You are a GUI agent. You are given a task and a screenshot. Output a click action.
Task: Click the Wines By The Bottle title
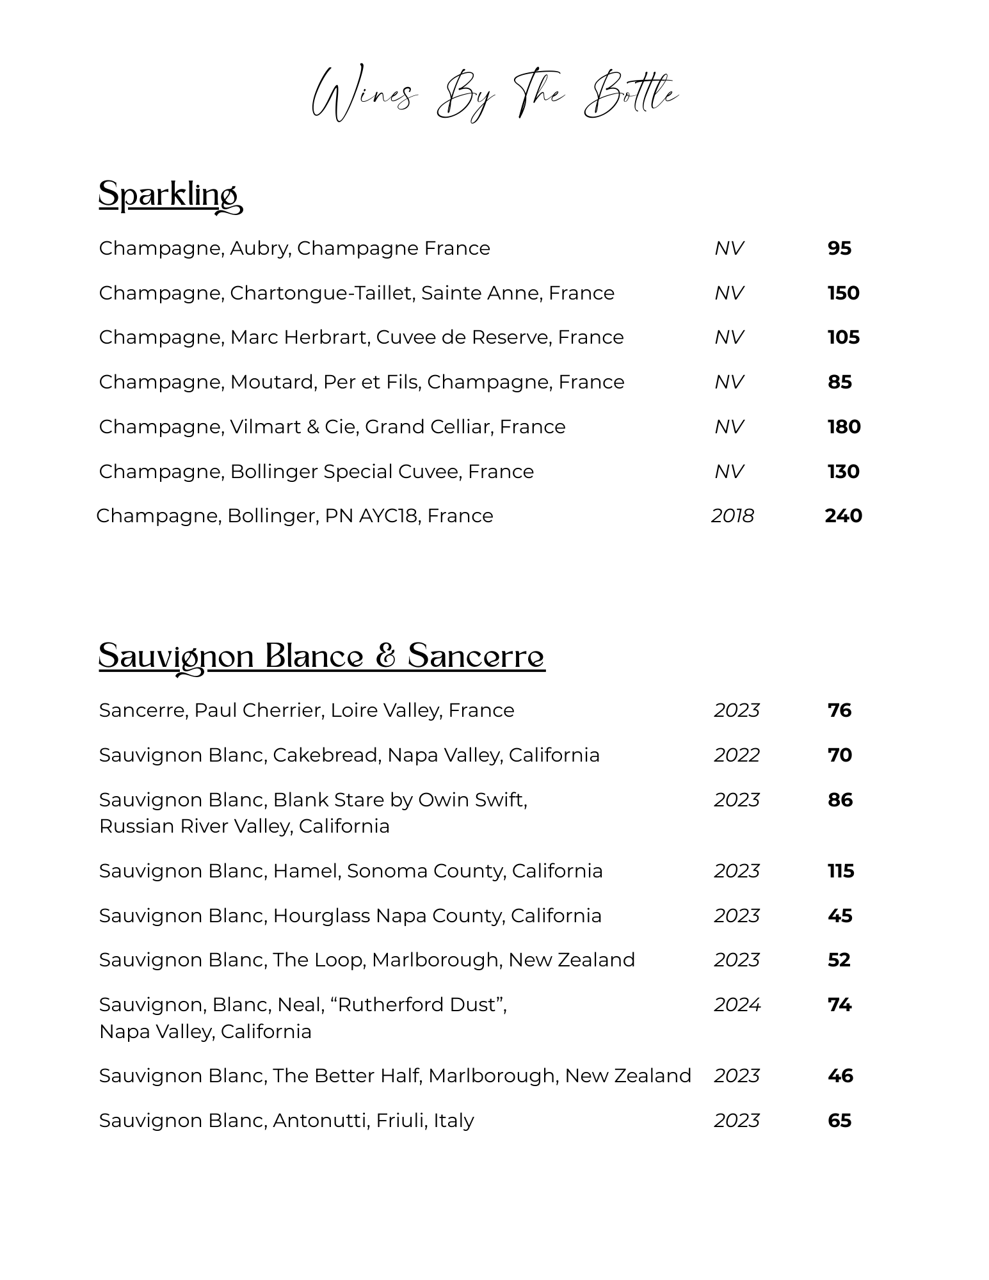pos(494,95)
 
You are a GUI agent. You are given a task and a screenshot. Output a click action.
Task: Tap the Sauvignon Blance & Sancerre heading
pos(321,657)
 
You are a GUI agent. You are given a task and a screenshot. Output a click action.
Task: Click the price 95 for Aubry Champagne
pos(839,248)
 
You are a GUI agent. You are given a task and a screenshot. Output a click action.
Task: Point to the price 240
pos(843,516)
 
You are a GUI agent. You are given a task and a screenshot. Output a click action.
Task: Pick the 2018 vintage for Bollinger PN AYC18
pos(732,516)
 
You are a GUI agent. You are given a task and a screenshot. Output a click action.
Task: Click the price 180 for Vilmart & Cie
pos(844,427)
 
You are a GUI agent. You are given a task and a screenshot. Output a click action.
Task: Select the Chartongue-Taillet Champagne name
pos(356,293)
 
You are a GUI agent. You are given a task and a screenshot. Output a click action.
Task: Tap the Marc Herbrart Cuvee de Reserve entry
pos(361,337)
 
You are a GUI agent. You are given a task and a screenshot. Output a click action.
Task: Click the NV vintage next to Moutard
pos(729,382)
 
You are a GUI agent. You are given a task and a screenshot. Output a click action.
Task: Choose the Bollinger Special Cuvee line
pos(316,472)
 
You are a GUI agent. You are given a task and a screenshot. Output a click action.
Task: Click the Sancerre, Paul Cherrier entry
pos(306,710)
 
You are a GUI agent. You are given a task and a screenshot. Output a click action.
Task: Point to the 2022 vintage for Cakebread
pos(737,755)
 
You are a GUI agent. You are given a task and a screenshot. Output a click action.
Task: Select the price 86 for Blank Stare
pos(840,800)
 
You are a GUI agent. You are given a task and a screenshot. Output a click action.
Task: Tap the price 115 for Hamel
pos(840,871)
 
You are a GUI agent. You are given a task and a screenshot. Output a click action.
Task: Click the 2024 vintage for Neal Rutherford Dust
pos(737,1005)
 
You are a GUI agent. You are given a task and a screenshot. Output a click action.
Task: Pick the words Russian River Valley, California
pos(244,826)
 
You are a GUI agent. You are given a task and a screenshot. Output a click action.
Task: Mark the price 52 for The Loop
pos(839,960)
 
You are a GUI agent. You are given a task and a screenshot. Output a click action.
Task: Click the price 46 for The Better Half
pos(840,1076)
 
